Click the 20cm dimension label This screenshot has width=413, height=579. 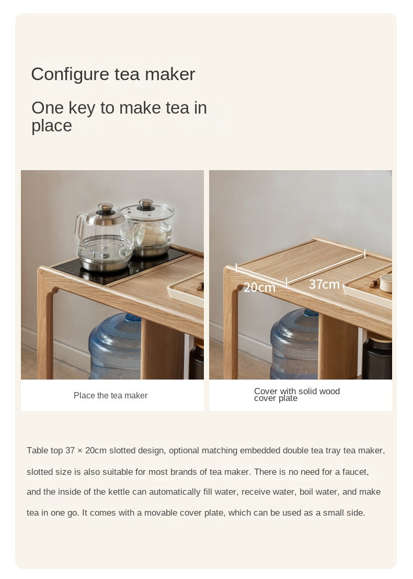259,287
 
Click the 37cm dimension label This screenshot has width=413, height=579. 324,284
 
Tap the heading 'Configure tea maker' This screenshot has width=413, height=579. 113,74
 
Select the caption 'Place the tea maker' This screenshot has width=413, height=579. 111,395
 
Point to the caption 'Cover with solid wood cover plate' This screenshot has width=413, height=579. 297,394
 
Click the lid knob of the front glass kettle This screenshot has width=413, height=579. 106,208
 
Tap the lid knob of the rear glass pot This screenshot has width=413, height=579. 146,204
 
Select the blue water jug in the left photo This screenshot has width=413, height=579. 115,346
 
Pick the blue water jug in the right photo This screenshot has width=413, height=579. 295,344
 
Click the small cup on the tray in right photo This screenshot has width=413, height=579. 386,283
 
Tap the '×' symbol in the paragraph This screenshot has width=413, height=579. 80,451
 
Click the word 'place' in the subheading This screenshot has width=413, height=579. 52,126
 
